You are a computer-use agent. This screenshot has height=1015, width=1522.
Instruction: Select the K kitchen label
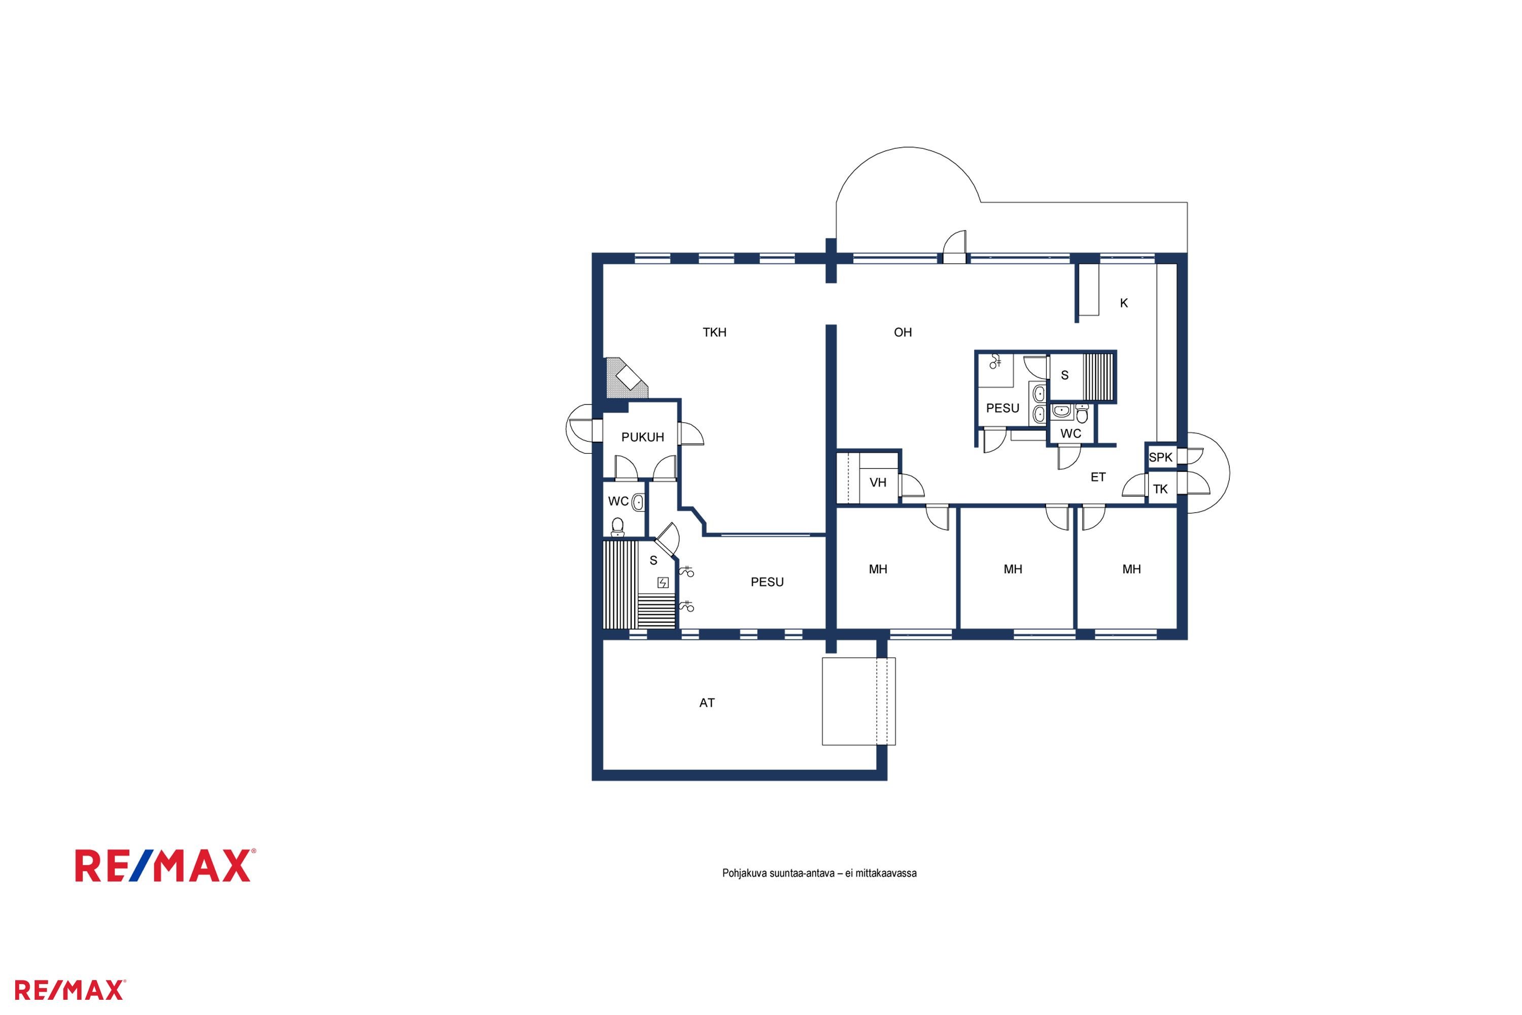(x=1124, y=303)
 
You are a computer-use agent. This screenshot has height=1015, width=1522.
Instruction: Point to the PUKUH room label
(x=643, y=437)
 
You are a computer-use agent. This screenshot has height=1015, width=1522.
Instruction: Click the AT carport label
(x=707, y=703)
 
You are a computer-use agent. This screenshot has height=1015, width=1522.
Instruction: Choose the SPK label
(x=1160, y=458)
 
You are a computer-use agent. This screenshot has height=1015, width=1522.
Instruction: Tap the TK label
(x=1160, y=489)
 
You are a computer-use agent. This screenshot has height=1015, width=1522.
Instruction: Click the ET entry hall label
(x=1098, y=477)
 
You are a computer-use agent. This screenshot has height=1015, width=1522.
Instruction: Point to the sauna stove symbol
(x=663, y=583)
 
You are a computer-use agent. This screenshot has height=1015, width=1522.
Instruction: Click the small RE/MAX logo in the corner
(x=70, y=990)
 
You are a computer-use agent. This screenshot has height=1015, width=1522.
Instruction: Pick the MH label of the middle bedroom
(x=1013, y=569)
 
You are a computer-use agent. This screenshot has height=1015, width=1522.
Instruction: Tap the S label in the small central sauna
(x=1064, y=376)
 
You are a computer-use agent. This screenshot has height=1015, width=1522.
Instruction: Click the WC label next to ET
(x=1071, y=434)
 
